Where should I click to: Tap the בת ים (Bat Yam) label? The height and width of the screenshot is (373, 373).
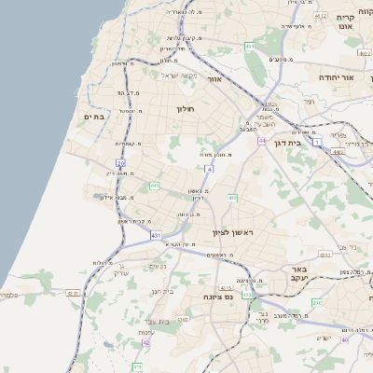click(97, 117)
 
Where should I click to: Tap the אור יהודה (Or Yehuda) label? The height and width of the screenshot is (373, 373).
click(337, 77)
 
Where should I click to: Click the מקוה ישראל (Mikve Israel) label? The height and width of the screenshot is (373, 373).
click(181, 76)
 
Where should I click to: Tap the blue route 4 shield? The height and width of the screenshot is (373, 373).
click(210, 169)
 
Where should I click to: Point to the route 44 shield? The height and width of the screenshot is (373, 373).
click(263, 141)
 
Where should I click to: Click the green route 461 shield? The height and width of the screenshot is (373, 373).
click(250, 46)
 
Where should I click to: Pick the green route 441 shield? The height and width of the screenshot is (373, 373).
click(154, 186)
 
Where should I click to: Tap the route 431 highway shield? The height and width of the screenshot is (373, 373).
click(156, 235)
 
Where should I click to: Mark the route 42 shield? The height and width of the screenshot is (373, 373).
click(146, 342)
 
